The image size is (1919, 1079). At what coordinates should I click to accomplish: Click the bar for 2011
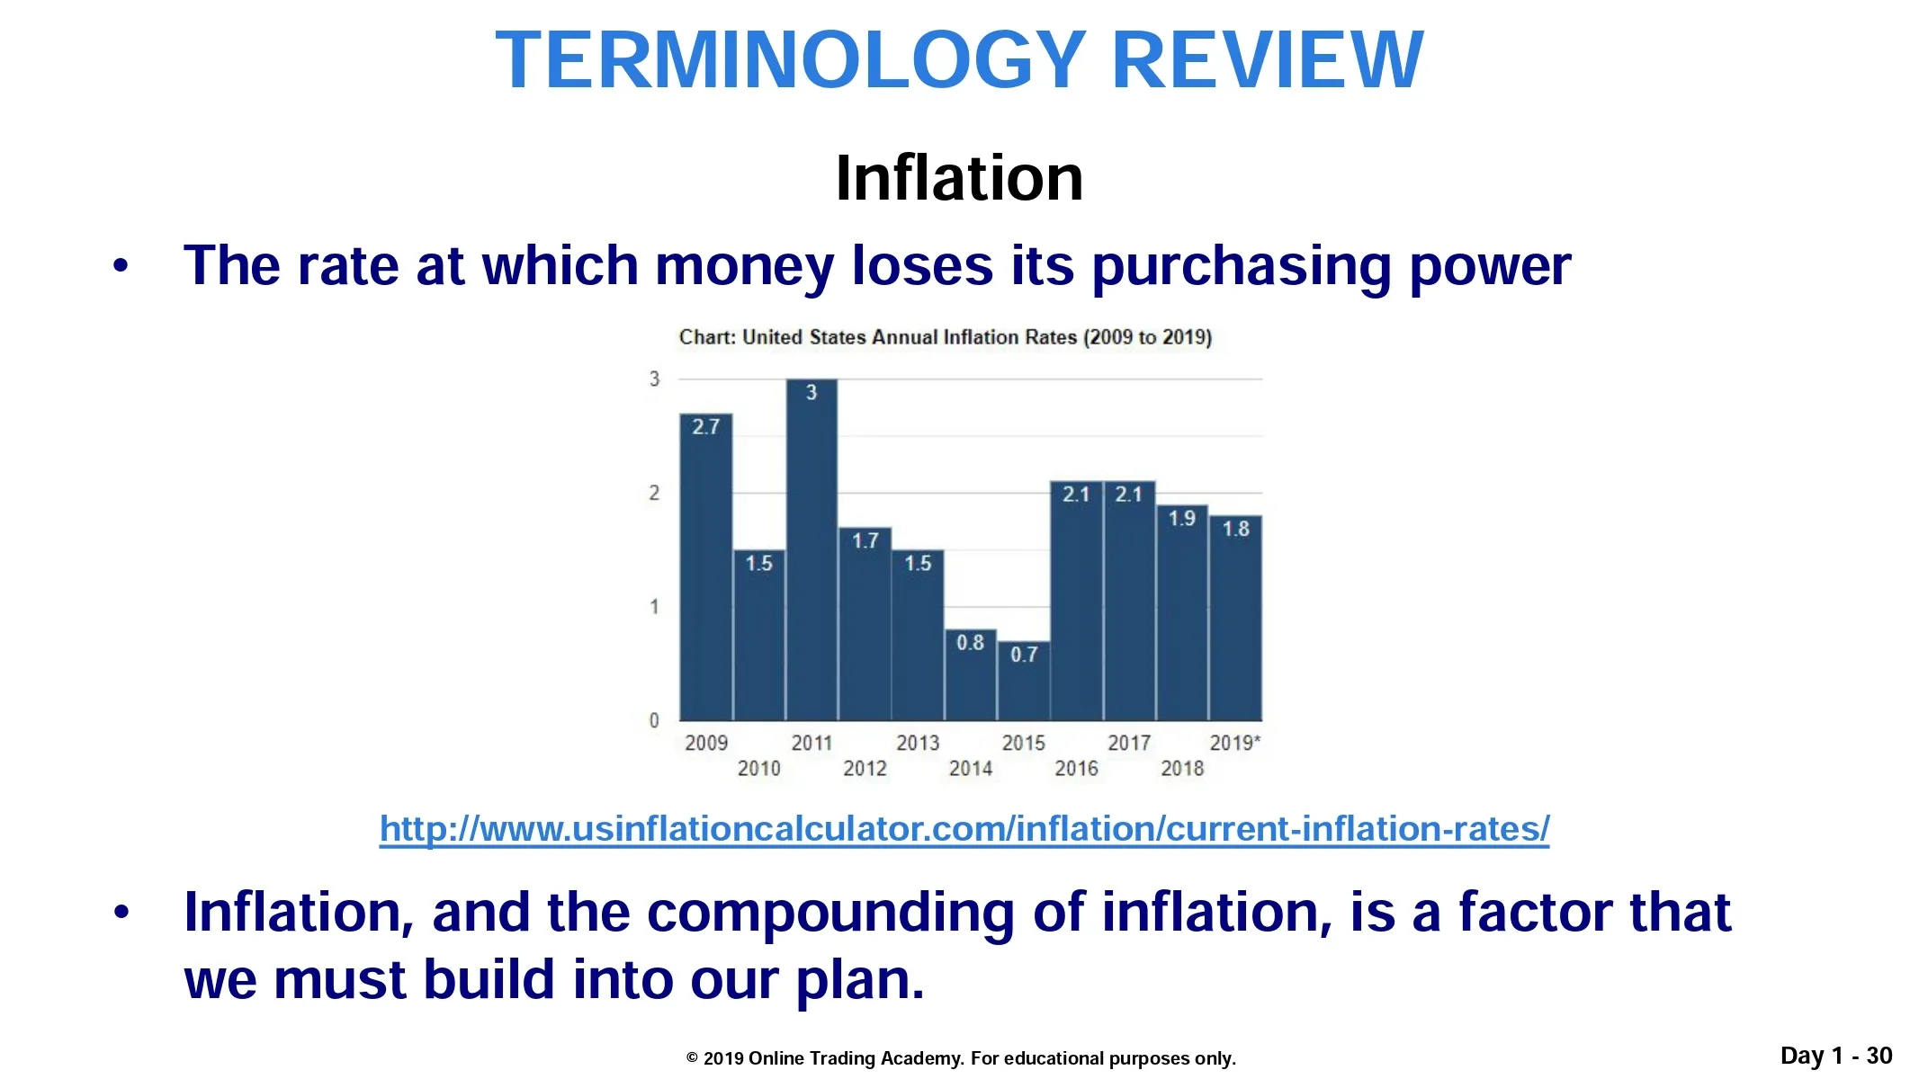(x=812, y=549)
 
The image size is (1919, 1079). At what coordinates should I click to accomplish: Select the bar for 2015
(x=1024, y=681)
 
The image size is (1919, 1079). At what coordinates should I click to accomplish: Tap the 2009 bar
(x=706, y=566)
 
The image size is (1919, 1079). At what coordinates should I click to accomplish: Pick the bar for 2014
(x=971, y=674)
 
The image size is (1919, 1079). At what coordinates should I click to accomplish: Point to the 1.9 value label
(x=1182, y=518)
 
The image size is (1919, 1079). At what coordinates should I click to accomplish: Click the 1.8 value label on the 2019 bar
(x=1235, y=529)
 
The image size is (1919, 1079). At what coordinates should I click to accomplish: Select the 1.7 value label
(x=865, y=540)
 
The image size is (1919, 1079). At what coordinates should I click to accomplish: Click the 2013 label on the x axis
(x=918, y=743)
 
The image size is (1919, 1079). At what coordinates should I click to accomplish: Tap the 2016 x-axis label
(x=1076, y=769)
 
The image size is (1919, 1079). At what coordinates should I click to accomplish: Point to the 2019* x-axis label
(x=1235, y=743)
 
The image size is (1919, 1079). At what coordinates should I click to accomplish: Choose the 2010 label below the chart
(x=759, y=769)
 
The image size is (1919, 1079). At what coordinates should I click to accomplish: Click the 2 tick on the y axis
(x=654, y=493)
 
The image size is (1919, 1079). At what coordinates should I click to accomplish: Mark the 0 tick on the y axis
(x=654, y=720)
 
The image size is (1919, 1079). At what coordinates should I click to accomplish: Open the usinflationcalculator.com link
(x=964, y=828)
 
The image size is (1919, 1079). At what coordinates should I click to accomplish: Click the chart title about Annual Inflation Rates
(x=946, y=337)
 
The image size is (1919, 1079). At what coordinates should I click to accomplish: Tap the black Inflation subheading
(x=959, y=178)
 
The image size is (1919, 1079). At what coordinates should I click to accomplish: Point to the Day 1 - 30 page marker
(x=1836, y=1056)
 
